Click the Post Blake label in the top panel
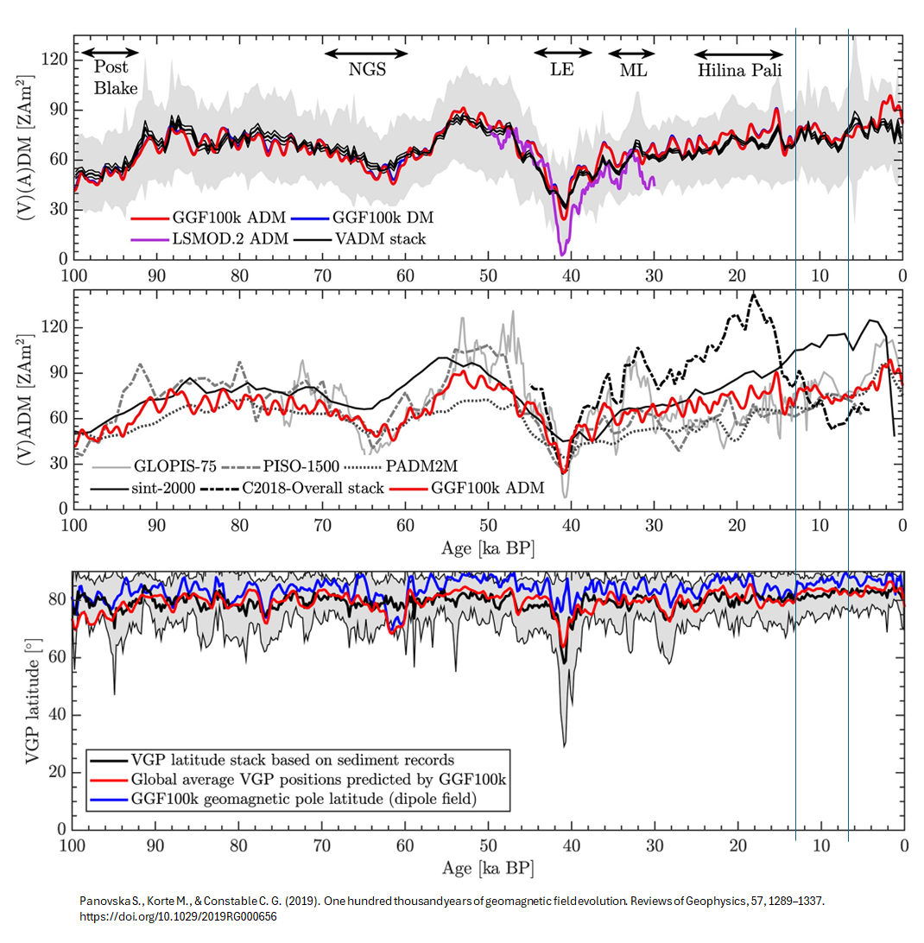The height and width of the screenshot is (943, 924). click(111, 77)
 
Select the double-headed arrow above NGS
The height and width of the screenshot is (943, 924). click(366, 54)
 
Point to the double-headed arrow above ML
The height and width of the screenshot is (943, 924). click(634, 54)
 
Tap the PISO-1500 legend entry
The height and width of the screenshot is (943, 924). click(302, 465)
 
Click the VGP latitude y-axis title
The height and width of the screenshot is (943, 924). click(32, 701)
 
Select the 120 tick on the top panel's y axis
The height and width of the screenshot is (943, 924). click(56, 59)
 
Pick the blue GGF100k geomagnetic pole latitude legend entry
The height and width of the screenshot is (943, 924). click(302, 799)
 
